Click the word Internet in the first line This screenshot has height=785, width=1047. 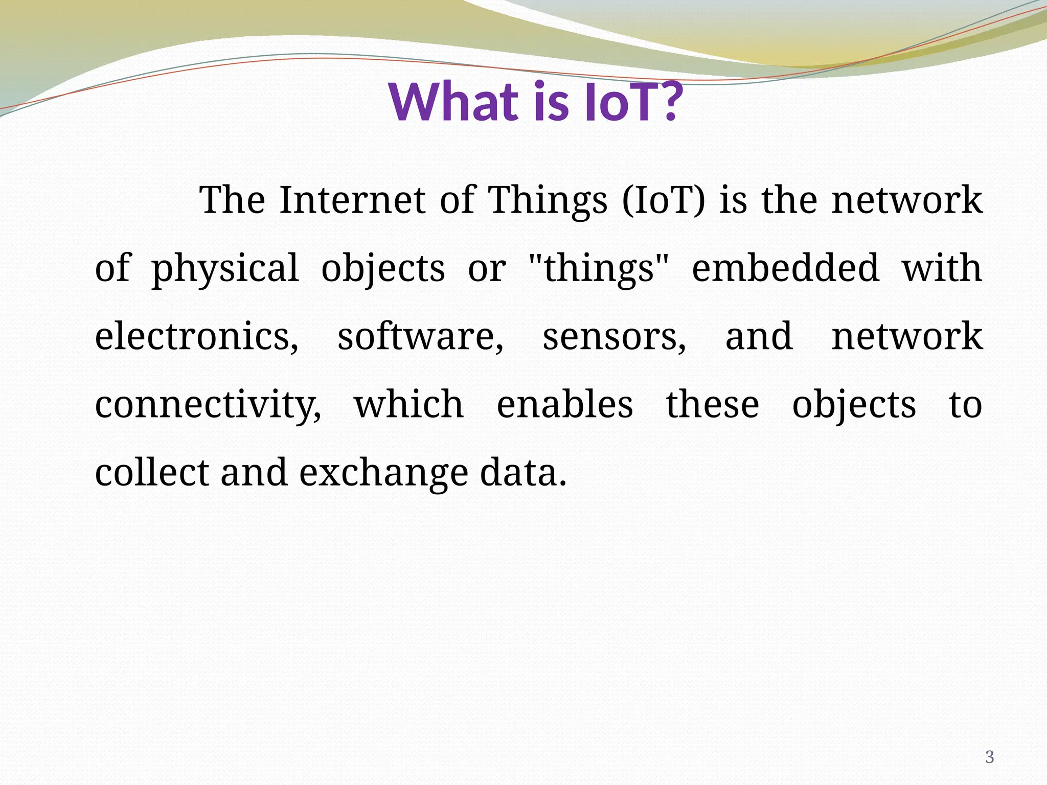[352, 200]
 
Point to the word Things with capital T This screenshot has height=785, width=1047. [548, 200]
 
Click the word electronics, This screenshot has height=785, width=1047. [197, 337]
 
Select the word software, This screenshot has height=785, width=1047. [420, 337]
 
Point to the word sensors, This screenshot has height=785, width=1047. [614, 337]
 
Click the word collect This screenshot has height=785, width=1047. [152, 473]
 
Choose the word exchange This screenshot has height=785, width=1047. [383, 473]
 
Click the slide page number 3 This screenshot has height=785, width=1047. [989, 757]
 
